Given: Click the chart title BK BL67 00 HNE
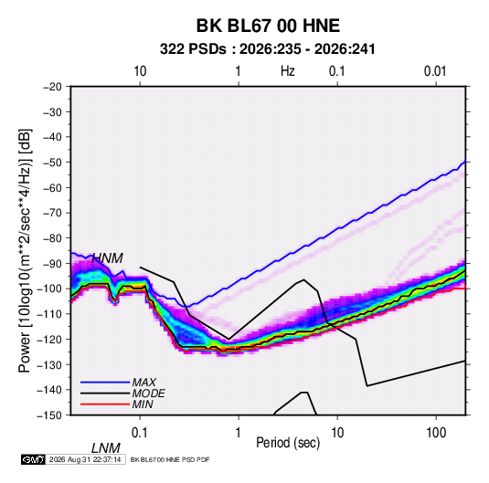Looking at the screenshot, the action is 268,26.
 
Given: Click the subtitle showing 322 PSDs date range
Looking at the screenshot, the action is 267,49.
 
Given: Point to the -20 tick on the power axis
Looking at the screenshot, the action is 52,87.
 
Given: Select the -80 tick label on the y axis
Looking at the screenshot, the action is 52,238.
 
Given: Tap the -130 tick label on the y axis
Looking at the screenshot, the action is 50,364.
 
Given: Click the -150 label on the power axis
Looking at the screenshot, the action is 50,415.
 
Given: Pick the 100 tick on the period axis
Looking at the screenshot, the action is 436,433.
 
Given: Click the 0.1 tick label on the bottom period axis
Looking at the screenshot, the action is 139,433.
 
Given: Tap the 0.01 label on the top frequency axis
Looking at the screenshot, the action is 435,71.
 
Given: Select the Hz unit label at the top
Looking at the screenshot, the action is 288,71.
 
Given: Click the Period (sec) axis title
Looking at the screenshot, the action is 288,443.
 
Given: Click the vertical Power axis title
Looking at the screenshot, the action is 25,250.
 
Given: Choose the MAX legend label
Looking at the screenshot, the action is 144,383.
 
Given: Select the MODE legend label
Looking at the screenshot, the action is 148,394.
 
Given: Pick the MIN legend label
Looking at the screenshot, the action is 143,404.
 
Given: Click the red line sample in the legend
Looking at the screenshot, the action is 105,404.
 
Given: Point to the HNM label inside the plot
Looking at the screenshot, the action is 108,258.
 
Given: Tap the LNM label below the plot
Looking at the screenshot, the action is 106,448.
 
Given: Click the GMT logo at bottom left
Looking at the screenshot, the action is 34,459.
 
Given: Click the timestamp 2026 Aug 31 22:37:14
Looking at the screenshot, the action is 85,459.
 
